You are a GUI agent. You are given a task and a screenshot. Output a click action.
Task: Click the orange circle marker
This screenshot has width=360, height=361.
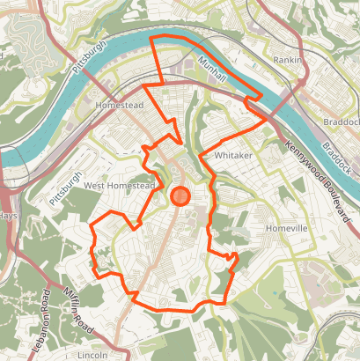pyautogui.click(x=180, y=195)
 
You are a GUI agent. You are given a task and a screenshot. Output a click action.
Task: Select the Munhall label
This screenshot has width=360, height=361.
pyautogui.click(x=212, y=70)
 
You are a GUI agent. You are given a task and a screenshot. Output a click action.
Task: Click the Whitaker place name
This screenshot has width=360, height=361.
pyautogui.click(x=233, y=155)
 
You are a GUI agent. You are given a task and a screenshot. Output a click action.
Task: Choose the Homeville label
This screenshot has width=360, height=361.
pyautogui.click(x=287, y=227)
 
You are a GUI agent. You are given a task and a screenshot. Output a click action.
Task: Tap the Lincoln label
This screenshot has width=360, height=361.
pyautogui.click(x=92, y=355)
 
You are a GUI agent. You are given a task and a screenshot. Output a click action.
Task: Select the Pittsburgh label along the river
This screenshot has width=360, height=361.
pyautogui.click(x=91, y=56)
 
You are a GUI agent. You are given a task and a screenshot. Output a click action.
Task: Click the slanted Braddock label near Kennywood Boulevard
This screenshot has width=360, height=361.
pyautogui.click(x=336, y=156)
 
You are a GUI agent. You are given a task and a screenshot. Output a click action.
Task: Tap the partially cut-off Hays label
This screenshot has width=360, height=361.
pyautogui.click(x=8, y=216)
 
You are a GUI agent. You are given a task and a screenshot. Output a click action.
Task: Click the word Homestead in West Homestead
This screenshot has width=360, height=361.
pyautogui.click(x=131, y=186)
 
